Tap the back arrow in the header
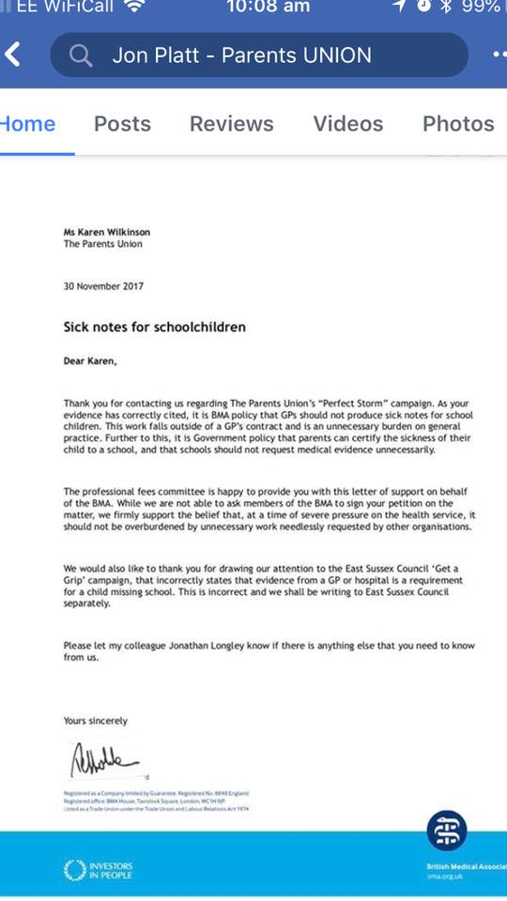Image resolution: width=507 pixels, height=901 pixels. pos(12,55)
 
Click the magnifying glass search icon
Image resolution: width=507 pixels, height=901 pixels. pos(81,56)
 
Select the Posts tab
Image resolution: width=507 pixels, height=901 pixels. pos(122,124)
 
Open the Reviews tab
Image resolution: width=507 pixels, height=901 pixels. pos(232,124)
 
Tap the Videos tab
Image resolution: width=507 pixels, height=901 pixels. pos(348,124)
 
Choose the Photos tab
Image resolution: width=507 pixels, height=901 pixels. pos(458,124)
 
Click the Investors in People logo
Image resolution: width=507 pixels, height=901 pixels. pos(98,869)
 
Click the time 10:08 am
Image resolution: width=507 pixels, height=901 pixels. pos(268,8)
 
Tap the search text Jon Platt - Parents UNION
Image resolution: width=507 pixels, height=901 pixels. pos(241,56)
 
